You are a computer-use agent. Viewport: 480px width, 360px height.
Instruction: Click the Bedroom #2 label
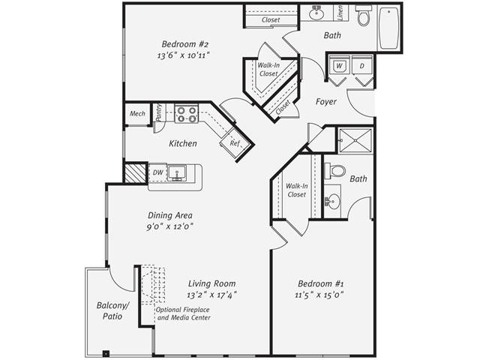[x=183, y=43]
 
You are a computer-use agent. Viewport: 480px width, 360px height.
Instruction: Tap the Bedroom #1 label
[x=321, y=283]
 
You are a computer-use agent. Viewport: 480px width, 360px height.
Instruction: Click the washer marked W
[x=339, y=66]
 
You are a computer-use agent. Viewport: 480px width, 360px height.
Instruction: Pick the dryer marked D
[x=361, y=66]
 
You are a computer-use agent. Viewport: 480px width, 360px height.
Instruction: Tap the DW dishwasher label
[x=157, y=172]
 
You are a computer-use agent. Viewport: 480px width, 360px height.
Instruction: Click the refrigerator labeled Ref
[x=235, y=142]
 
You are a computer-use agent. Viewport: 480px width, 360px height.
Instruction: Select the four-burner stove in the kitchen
[x=187, y=114]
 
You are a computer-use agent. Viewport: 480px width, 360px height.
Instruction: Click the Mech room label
[x=137, y=114]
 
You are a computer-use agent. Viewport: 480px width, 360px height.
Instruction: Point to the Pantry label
[x=159, y=113]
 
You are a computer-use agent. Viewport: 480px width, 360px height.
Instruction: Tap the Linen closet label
[x=340, y=13]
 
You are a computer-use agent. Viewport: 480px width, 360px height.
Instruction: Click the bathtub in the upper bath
[x=389, y=28]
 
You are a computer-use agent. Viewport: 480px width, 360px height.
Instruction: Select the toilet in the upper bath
[x=364, y=16]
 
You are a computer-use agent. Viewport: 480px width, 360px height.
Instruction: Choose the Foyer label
[x=325, y=101]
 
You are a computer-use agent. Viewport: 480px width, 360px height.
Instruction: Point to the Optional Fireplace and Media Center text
[x=182, y=313]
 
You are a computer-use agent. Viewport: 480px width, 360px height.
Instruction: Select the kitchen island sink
[x=179, y=173]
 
